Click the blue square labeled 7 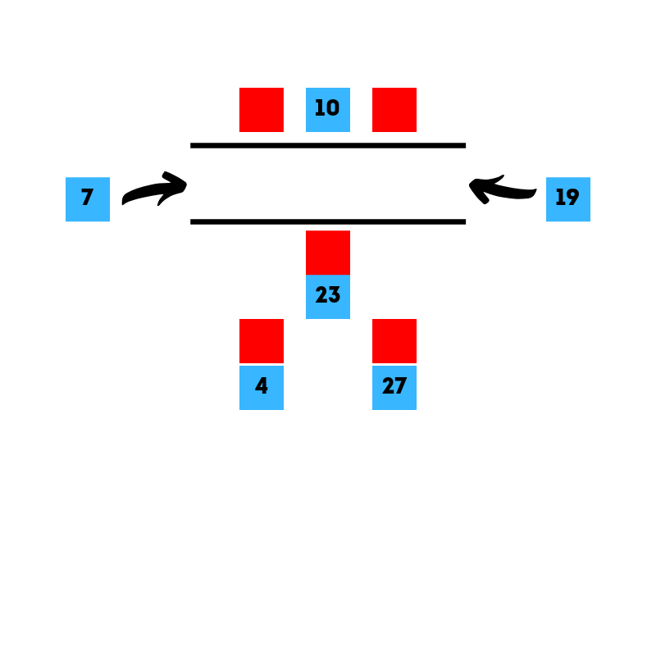pos(88,199)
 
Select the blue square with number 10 pos(328,110)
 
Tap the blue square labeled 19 pos(568,199)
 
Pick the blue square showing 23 pos(328,297)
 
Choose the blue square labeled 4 pos(262,388)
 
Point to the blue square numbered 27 pos(394,388)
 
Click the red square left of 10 pos(262,110)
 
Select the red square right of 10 pos(394,110)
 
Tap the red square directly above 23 pos(328,253)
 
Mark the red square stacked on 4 pos(262,341)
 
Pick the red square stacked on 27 pos(394,341)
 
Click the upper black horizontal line pos(328,146)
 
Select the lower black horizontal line pos(328,221)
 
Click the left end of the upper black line pos(191,146)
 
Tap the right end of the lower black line pos(466,221)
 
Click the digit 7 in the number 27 pos(400,385)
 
